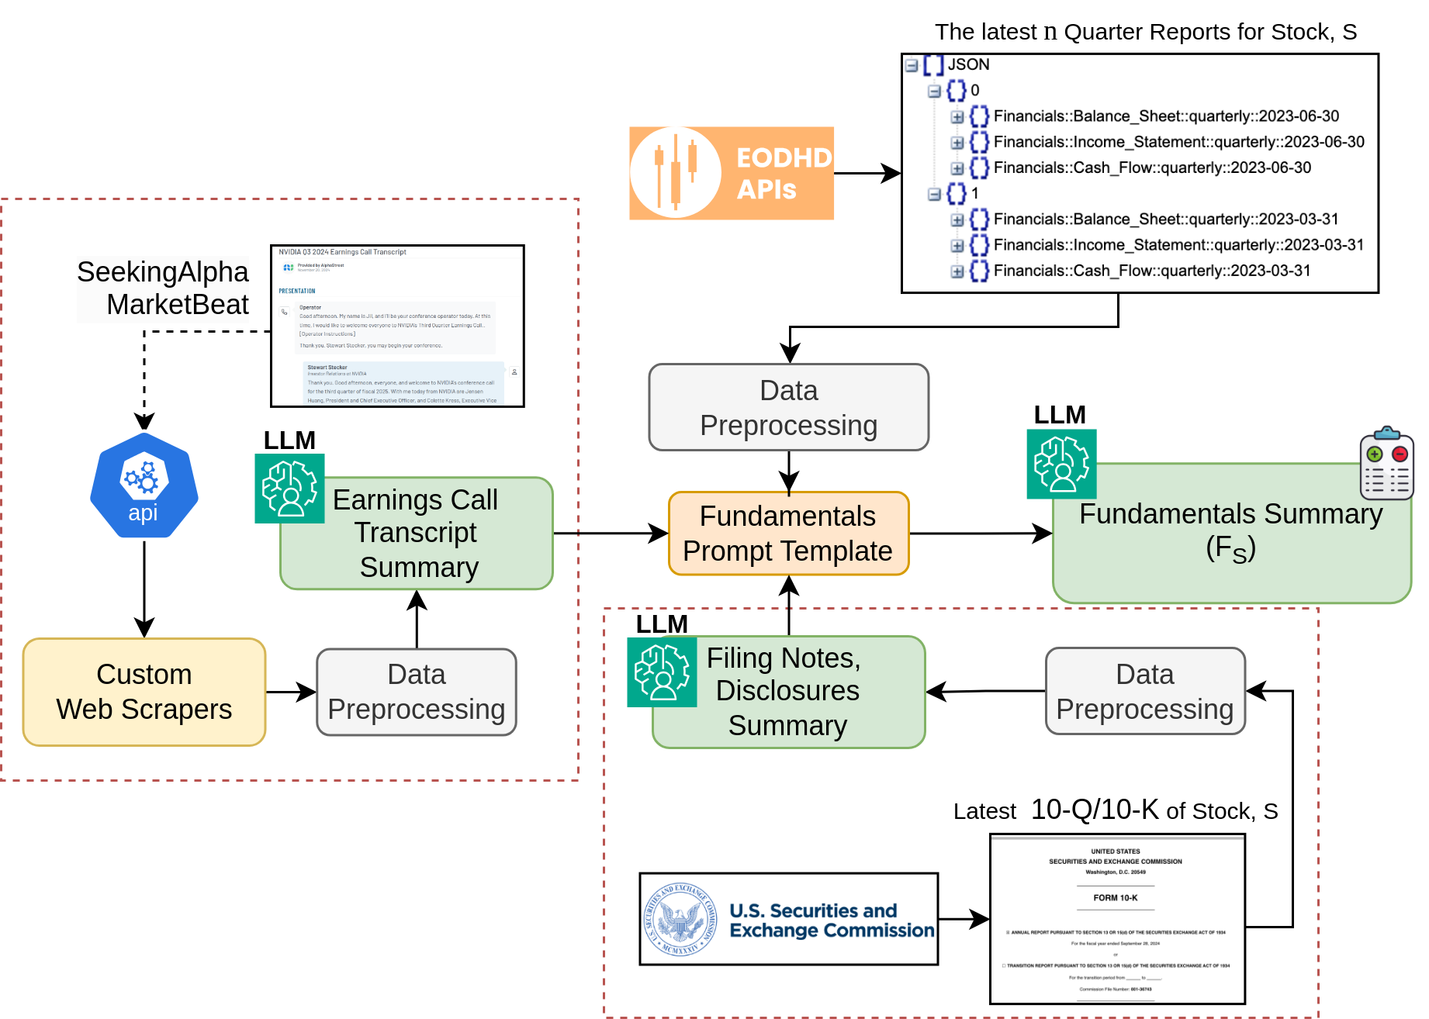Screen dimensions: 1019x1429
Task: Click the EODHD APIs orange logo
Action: click(x=731, y=173)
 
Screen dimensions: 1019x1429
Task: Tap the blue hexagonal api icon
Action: click(x=144, y=485)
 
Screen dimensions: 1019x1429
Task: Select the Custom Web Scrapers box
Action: click(x=144, y=692)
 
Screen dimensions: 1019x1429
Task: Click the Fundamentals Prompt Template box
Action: click(x=788, y=534)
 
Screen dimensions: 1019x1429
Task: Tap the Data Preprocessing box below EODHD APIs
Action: click(x=788, y=407)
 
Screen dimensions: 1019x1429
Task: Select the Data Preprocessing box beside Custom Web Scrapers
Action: click(x=417, y=692)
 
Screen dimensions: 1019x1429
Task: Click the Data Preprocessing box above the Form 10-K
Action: click(x=1145, y=692)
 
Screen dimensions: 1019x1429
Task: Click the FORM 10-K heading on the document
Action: click(x=1116, y=898)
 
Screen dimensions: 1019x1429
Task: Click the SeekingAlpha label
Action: click(x=163, y=272)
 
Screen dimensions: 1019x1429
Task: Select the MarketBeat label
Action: click(x=178, y=305)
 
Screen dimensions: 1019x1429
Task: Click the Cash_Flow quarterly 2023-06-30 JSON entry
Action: click(x=1152, y=168)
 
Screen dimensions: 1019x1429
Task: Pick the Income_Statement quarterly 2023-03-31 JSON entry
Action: click(x=1178, y=245)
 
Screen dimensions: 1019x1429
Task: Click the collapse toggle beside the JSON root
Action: click(x=912, y=65)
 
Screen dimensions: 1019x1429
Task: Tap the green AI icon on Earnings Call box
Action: click(x=289, y=489)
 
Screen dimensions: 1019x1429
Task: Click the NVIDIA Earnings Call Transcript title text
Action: click(x=342, y=252)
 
